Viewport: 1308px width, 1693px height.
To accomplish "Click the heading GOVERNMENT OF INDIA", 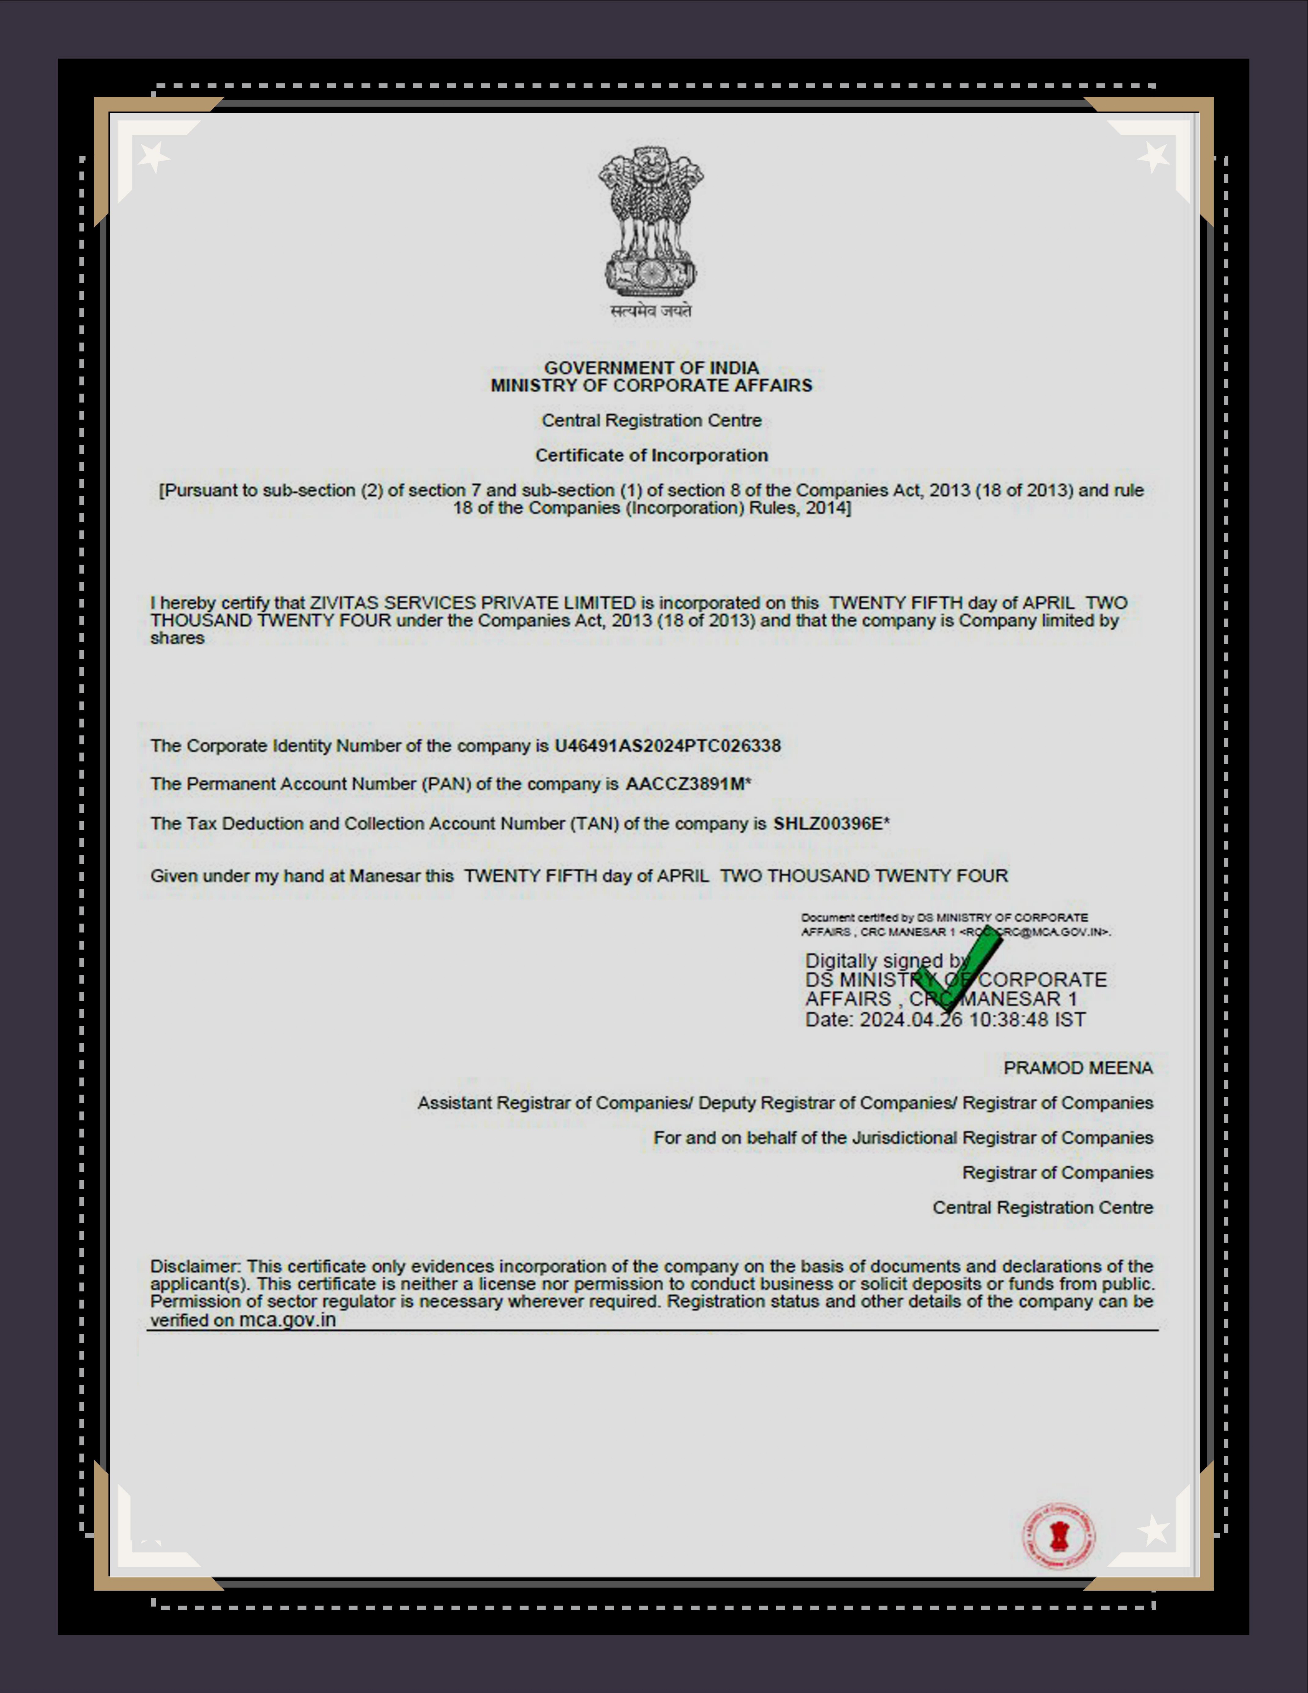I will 651,367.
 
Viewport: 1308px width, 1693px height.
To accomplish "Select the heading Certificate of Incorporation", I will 651,455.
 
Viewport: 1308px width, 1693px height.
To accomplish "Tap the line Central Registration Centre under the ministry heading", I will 651,420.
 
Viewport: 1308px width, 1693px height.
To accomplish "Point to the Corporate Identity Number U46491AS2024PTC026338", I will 667,746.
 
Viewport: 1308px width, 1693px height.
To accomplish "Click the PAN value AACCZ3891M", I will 684,784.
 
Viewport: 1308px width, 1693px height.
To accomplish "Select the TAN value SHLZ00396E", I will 827,823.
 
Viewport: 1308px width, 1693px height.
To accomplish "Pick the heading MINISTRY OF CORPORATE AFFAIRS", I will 651,385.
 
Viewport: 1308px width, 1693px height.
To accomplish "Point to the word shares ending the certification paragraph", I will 177,638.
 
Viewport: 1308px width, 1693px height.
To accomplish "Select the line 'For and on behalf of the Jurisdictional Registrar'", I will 903,1138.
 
